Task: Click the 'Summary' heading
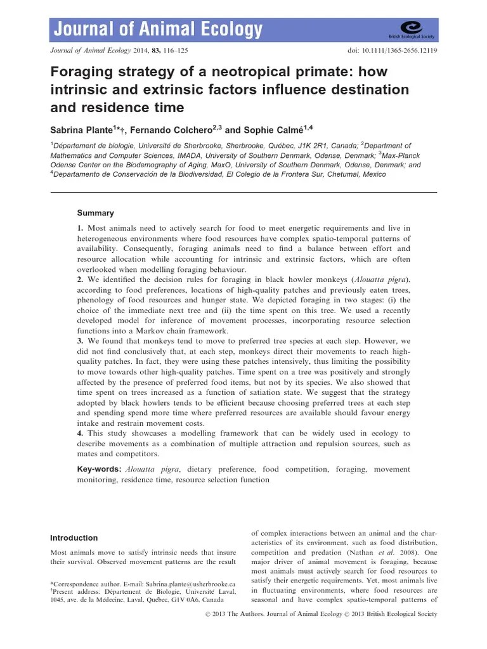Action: point(95,214)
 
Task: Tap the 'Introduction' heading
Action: point(75,537)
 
